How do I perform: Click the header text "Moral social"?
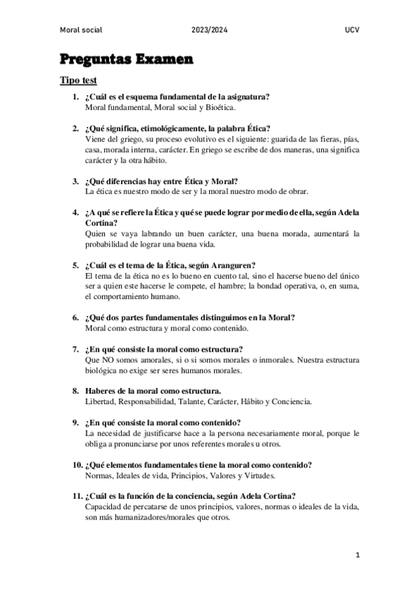[81, 30]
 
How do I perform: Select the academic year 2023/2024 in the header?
[209, 30]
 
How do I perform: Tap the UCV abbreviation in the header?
[352, 30]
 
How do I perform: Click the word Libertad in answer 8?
[99, 402]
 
